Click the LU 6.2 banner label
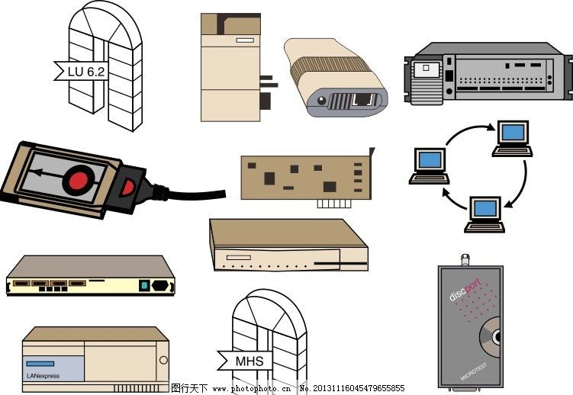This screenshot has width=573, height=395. tap(85, 72)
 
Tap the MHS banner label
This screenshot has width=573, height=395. tap(249, 361)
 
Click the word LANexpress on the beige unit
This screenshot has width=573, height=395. tap(43, 375)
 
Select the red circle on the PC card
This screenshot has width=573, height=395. tap(79, 181)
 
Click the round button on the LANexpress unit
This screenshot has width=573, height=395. tap(163, 360)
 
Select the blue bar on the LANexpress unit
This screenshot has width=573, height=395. tap(40, 364)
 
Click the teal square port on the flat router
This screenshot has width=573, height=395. tap(143, 286)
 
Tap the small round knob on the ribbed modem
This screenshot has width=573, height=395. tap(321, 100)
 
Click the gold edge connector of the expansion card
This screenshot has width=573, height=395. tap(335, 204)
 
